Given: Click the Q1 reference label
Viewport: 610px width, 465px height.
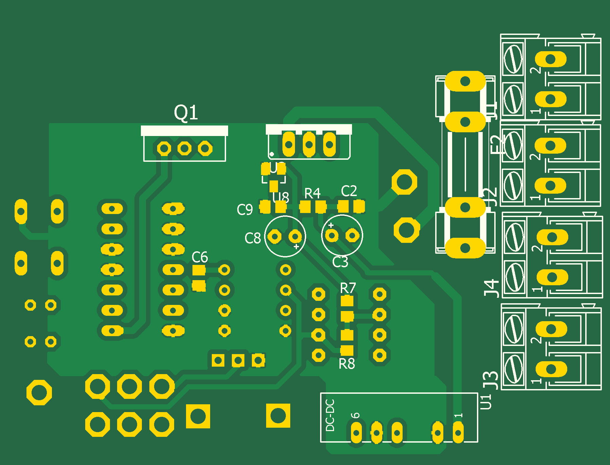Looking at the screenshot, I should coord(186,113).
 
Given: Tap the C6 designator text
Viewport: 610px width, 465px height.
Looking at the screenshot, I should coord(200,257).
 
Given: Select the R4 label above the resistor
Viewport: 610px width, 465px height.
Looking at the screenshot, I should coord(312,194).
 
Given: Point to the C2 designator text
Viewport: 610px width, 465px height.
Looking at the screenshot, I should coord(349,191).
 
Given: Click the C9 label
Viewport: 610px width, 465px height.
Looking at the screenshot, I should coord(245,210).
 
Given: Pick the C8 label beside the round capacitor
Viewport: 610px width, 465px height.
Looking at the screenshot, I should coord(253,238).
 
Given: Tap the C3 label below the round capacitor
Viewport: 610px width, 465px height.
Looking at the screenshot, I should coord(340,262).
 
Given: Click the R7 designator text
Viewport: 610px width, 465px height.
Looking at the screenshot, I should coord(348,288).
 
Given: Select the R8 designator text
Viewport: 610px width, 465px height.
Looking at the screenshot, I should coord(347,364).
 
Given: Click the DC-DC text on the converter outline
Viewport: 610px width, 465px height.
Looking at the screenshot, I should coord(330,415).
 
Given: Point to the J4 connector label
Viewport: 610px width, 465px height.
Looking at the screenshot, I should coord(491,288).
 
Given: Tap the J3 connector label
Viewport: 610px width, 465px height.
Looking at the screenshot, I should coord(491,380).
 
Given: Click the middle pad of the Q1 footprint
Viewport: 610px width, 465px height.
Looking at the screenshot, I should coord(184,148).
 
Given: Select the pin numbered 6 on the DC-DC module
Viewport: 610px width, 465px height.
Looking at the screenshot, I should coord(356,432).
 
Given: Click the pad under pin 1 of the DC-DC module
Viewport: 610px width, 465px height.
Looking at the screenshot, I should coord(458,432).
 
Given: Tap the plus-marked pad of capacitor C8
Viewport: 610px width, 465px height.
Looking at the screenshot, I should coord(295,236).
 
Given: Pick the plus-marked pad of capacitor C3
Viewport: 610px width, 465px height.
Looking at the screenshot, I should coord(332,235).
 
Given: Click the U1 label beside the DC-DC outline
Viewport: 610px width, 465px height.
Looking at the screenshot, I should coord(486,402).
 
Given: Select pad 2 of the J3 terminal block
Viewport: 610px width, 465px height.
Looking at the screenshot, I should coord(551,329).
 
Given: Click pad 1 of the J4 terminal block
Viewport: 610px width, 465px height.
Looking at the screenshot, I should coord(552,277).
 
